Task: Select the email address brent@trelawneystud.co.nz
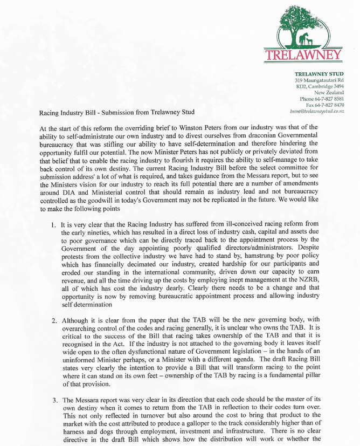317,111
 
